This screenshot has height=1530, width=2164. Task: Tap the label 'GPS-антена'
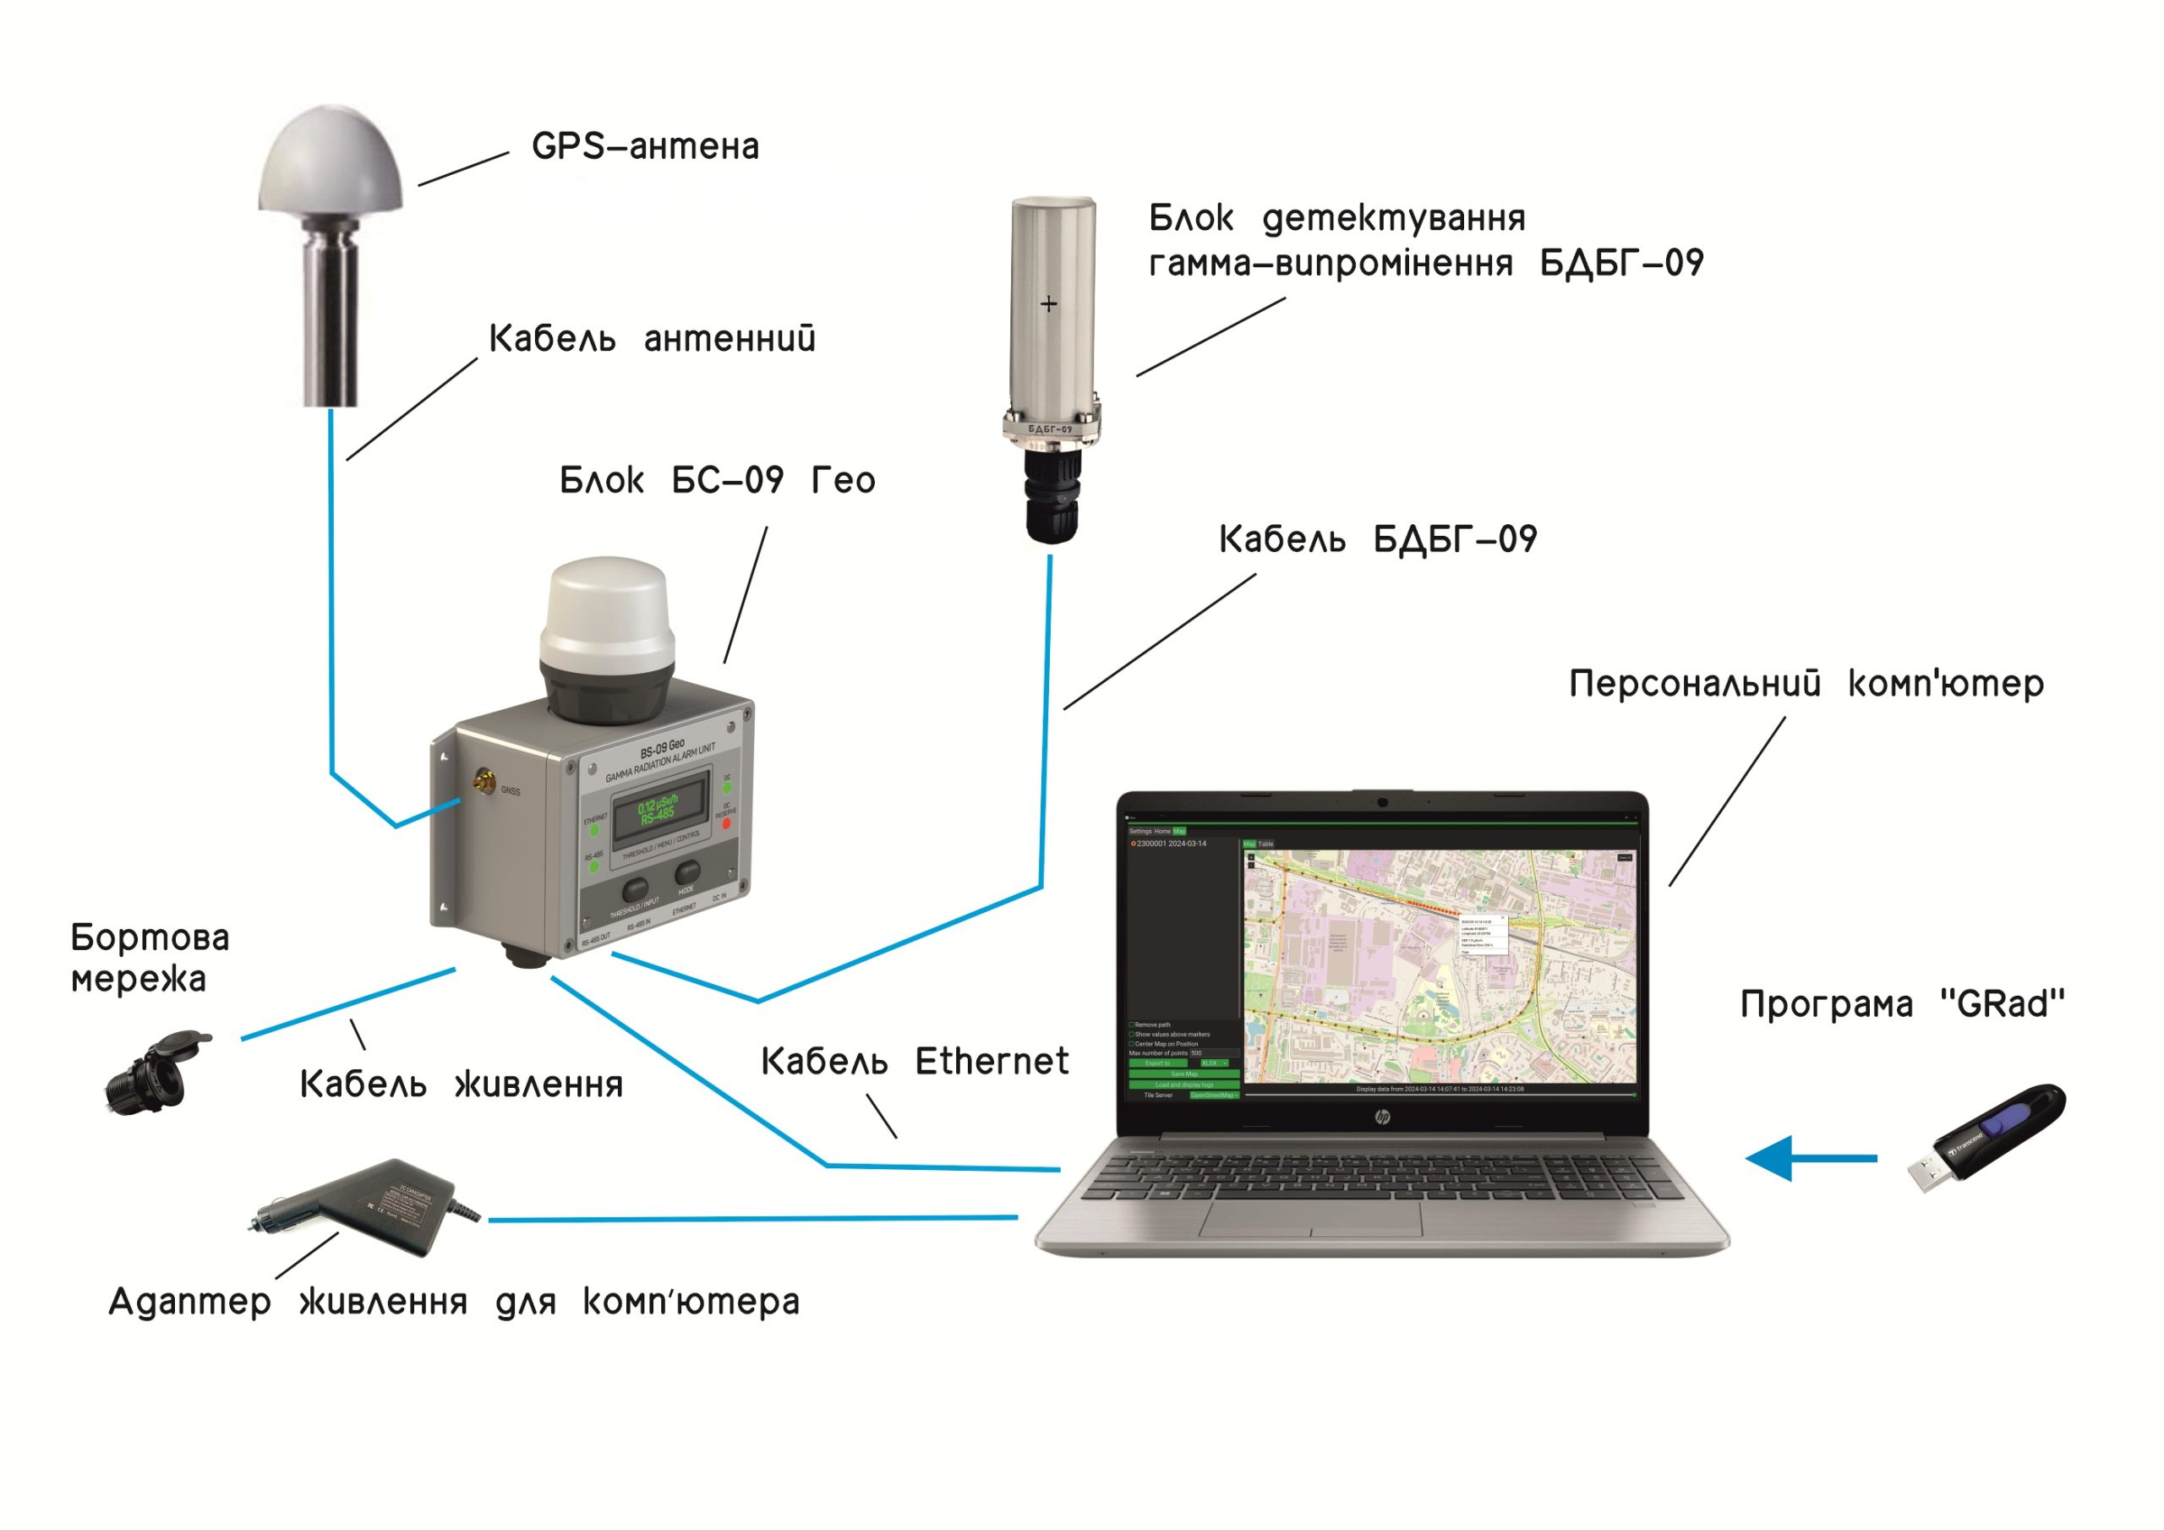point(645,147)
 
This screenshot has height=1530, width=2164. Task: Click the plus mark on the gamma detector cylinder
point(1048,303)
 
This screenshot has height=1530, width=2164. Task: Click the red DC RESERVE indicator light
point(726,824)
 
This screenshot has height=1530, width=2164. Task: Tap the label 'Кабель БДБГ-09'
point(1377,539)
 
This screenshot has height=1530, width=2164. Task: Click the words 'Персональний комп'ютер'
point(1806,684)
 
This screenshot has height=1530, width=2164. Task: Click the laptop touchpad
point(1311,1219)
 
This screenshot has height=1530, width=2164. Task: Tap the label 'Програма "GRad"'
point(1902,1004)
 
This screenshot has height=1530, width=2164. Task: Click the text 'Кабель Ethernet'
point(915,1062)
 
